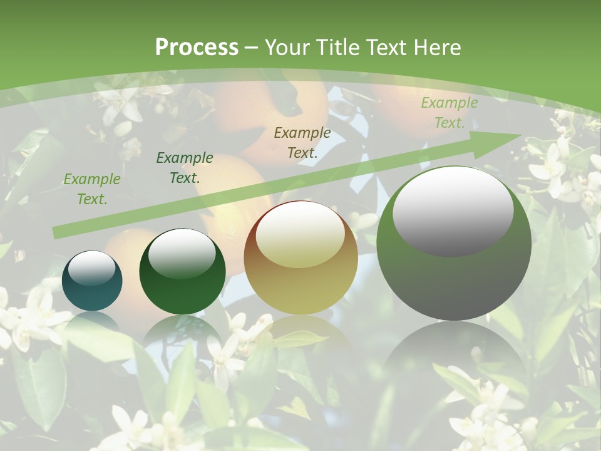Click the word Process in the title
click(197, 48)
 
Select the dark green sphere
click(182, 272)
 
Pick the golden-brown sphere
click(300, 258)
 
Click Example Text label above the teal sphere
click(91, 189)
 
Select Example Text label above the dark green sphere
click(184, 168)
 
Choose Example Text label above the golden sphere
click(302, 143)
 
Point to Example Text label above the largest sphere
click(449, 113)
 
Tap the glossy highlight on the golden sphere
click(300, 235)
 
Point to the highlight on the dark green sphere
click(182, 252)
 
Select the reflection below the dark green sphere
click(182, 332)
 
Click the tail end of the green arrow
click(56, 232)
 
